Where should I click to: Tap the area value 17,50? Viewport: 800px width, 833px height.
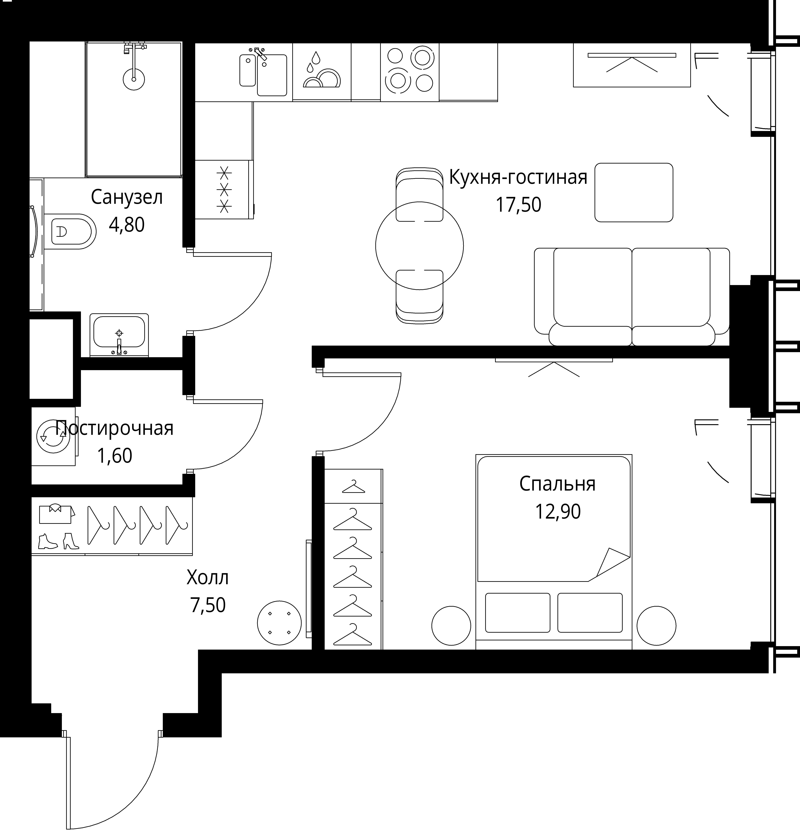[x=518, y=205]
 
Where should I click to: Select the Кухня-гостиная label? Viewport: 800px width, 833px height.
[x=518, y=177]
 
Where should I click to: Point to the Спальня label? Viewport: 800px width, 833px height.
[x=557, y=484]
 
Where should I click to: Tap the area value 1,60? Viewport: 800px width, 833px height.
[x=115, y=456]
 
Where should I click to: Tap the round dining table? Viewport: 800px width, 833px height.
[x=419, y=245]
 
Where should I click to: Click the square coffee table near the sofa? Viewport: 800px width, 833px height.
[x=634, y=192]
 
